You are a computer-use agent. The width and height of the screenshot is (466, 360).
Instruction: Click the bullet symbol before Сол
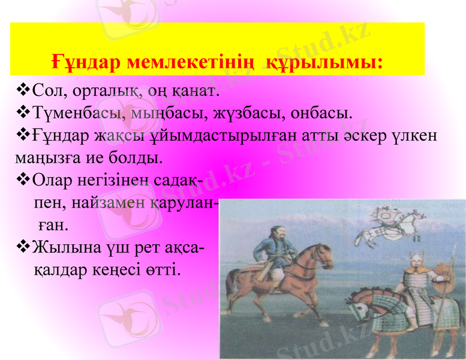click(23, 91)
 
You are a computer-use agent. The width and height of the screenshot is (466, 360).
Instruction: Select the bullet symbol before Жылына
click(23, 246)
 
